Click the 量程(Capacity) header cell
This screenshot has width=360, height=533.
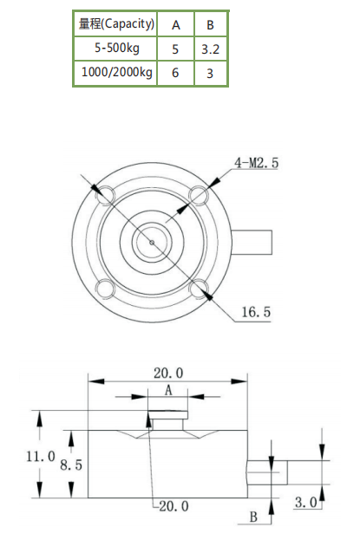click(115, 23)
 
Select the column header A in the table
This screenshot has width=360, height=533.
click(175, 24)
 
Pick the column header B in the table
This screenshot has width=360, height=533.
click(210, 24)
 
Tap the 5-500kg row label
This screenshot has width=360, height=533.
click(115, 49)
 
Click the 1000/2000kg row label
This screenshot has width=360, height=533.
click(115, 73)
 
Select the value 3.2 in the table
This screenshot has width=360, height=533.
click(210, 49)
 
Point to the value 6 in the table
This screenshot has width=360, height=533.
click(175, 74)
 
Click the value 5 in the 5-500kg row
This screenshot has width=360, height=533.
click(175, 49)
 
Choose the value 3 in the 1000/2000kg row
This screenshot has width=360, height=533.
click(210, 74)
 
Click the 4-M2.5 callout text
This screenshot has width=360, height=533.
click(258, 162)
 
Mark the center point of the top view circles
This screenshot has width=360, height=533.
click(153, 242)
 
